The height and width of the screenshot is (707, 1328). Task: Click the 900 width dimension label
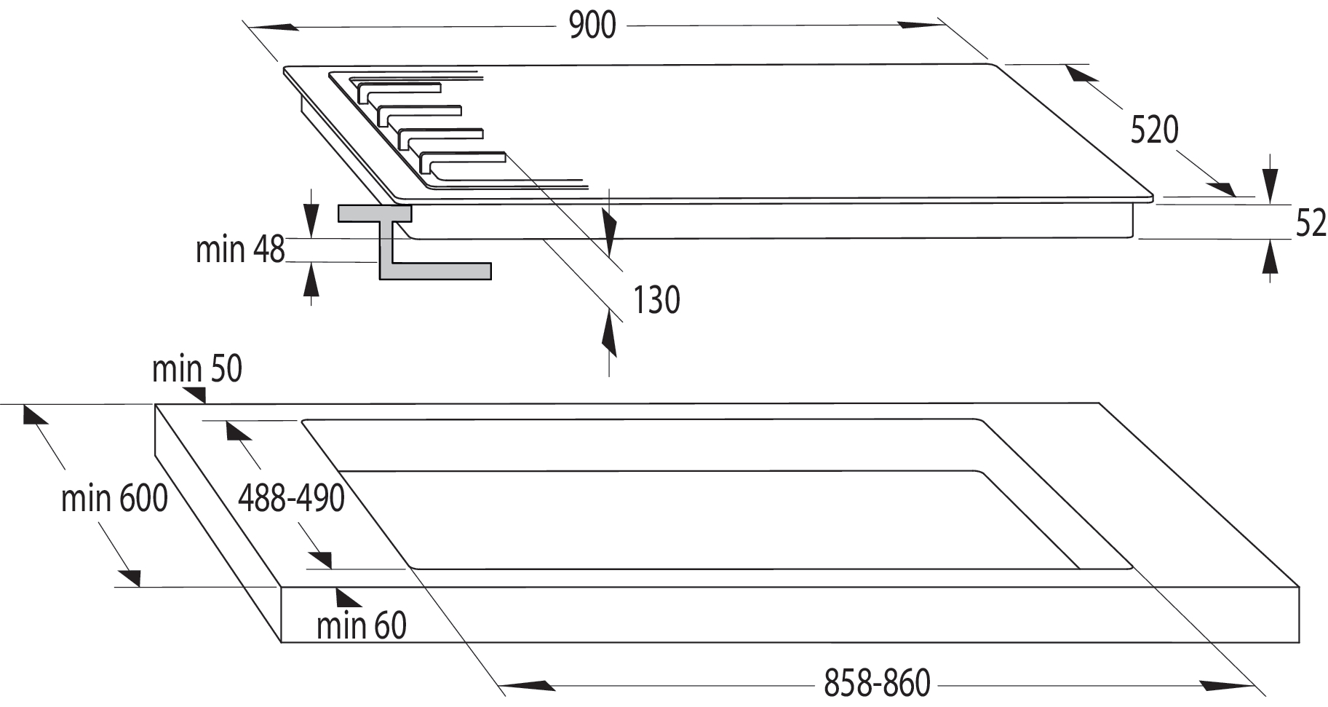(592, 25)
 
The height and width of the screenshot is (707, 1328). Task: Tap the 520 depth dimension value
(1154, 130)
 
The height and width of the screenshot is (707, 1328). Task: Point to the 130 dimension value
(656, 300)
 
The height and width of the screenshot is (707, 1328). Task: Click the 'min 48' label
(240, 250)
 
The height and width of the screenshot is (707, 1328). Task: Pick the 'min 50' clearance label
(196, 369)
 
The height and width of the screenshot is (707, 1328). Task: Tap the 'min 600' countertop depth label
(114, 499)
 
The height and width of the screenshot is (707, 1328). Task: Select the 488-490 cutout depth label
(291, 499)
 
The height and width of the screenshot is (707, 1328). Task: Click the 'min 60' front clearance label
(361, 625)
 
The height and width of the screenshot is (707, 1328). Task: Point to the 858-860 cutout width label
(877, 683)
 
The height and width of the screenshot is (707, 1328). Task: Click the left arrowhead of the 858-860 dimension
(524, 685)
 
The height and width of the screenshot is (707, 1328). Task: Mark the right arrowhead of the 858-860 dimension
(1225, 685)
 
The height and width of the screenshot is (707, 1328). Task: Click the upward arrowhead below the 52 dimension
(1270, 259)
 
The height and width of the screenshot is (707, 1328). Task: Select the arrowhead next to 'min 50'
(195, 394)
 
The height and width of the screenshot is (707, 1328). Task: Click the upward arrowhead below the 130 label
(609, 336)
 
